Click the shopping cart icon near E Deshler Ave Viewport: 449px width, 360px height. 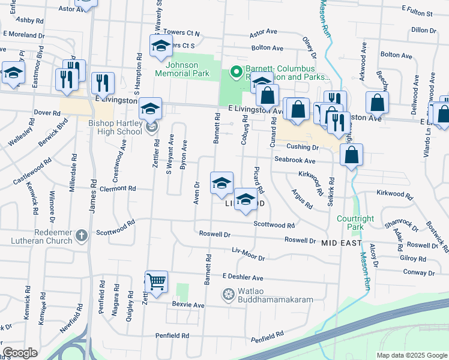point(156,280)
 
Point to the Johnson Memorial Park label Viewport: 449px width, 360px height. point(182,69)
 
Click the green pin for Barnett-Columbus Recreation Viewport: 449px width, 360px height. point(237,72)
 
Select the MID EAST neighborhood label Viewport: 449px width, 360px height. point(342,243)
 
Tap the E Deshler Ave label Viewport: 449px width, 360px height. point(243,278)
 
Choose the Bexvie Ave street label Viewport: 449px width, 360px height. point(188,305)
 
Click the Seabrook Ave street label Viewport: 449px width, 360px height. point(295,161)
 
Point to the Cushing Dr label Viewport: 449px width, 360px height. point(302,147)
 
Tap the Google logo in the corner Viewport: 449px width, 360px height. point(20,353)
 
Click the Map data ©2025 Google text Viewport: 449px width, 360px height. point(411,355)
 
